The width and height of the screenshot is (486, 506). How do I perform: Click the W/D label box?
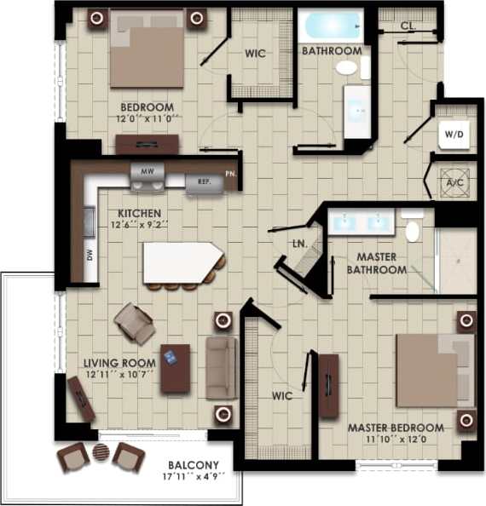(452, 134)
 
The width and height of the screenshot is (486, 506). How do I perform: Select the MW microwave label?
(147, 171)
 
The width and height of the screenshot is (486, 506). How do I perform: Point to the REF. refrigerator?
(203, 181)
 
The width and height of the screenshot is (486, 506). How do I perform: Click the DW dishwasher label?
(90, 254)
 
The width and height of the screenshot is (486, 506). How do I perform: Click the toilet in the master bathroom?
(413, 229)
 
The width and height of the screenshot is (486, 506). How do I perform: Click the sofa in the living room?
(221, 367)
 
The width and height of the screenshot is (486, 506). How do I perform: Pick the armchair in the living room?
(135, 323)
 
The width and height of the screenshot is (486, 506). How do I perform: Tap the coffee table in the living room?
(176, 368)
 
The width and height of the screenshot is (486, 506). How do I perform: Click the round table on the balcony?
(101, 455)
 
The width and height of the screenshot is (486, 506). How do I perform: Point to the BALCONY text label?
(194, 465)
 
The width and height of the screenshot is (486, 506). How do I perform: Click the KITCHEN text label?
(141, 213)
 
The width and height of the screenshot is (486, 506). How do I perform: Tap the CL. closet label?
(408, 26)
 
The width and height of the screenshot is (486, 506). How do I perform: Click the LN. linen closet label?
(299, 244)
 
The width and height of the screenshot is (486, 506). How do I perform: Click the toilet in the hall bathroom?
(347, 67)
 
